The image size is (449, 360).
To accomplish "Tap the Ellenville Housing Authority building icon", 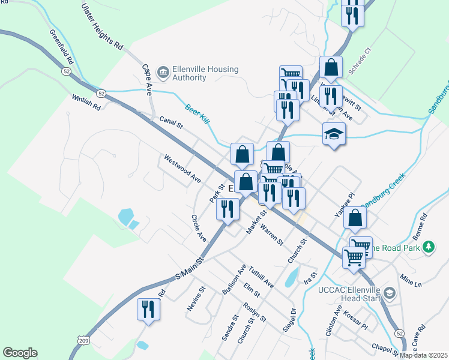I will pos(163,73).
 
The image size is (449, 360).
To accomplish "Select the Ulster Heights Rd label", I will pos(103,26).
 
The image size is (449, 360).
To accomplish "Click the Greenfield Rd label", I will pos(62,47).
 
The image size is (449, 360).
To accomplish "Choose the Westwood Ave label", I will pos(182,169).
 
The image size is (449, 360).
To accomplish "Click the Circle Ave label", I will pos(199,228).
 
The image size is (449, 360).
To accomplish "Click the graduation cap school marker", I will pos(334,134).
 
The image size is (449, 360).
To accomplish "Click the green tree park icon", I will pos(428,247).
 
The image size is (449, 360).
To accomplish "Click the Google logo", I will pos(20,353).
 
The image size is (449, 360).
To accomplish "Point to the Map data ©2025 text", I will pos(424,355).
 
